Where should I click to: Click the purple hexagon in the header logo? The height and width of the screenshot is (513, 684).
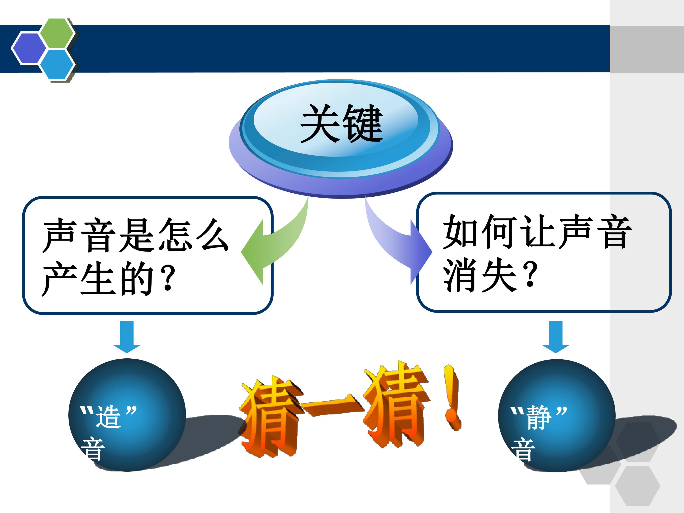[29, 48]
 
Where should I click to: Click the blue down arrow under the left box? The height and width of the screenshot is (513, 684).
[127, 337]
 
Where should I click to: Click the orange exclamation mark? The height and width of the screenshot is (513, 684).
[452, 397]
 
